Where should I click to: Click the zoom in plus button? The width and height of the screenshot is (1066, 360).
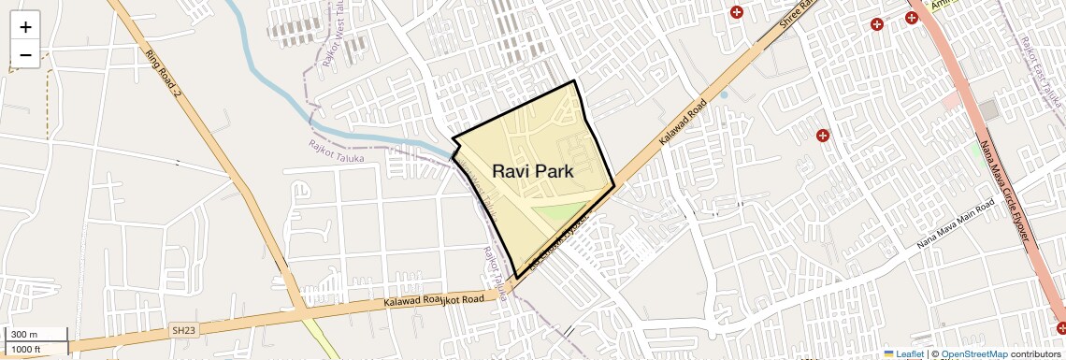point(25,27)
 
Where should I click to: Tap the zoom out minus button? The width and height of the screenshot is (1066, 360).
point(25,55)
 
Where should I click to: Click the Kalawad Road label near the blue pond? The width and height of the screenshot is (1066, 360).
point(681,122)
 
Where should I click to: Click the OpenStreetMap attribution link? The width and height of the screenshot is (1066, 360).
point(973,353)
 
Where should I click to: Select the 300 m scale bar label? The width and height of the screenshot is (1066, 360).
point(25,335)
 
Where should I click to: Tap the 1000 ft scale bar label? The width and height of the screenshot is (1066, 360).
point(27,349)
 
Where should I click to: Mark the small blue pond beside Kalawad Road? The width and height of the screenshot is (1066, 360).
point(723,94)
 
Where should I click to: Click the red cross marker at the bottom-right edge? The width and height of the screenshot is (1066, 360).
point(1061,327)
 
